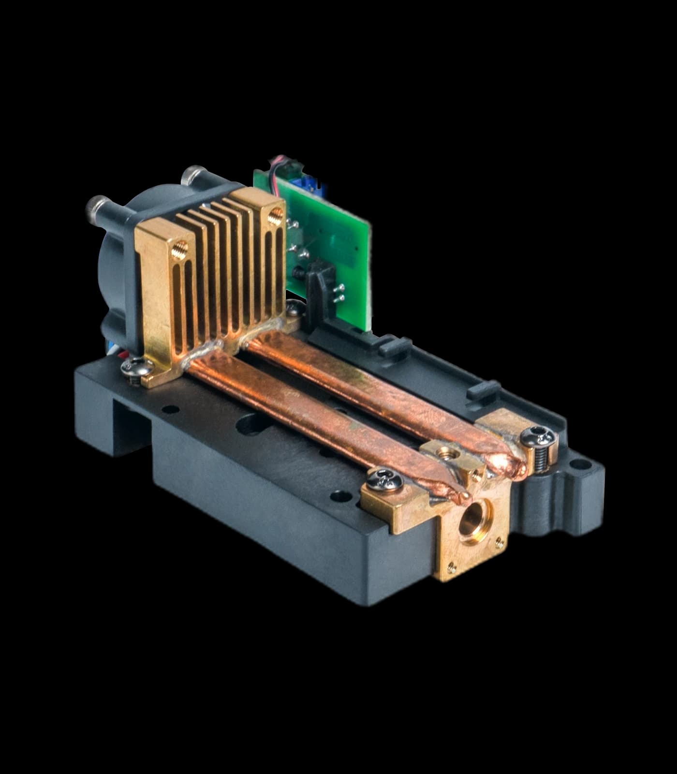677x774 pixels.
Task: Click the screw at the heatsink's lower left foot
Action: (132, 369)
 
